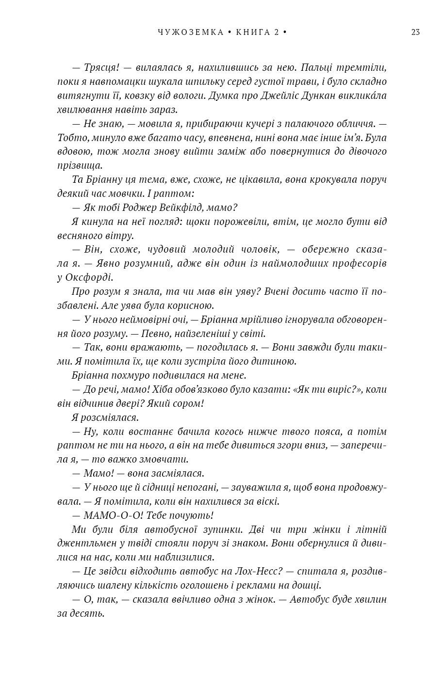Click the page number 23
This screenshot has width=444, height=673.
415,32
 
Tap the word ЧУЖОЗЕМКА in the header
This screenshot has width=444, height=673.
191,32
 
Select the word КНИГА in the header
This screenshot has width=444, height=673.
253,32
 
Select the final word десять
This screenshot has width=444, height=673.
89,613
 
